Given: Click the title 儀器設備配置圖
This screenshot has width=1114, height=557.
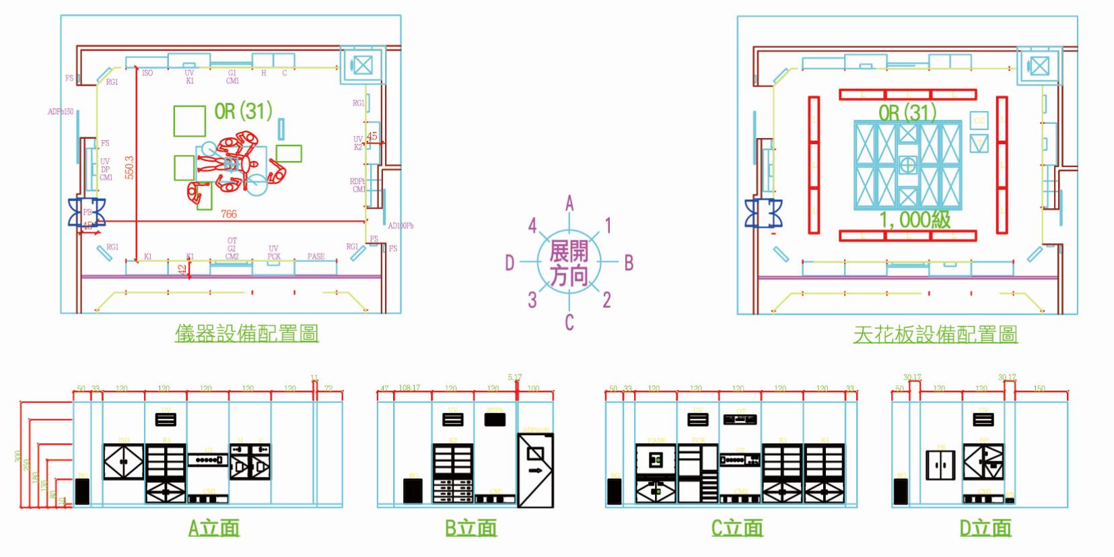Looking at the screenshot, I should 246,333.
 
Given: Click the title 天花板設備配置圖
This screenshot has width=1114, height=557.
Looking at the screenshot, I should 935,335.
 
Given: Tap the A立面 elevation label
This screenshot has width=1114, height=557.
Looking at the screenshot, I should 214,527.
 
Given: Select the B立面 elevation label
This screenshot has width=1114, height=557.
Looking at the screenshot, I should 471,527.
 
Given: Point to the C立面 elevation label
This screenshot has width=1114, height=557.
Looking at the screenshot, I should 737,527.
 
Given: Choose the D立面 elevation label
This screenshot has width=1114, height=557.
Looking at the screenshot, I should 985,527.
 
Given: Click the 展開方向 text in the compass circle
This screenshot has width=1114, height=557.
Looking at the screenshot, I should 569,263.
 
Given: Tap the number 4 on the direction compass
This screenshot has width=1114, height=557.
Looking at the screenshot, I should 532,226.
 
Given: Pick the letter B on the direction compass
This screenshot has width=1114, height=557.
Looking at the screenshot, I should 629,263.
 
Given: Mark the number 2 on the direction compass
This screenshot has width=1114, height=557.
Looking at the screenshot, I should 606,300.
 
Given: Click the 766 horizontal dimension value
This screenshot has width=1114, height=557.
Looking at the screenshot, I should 229,214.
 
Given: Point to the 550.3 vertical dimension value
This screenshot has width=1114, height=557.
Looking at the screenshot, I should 130,168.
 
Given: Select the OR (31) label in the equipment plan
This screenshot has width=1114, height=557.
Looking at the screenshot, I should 243,111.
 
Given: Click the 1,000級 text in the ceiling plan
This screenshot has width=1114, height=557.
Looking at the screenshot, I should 915,220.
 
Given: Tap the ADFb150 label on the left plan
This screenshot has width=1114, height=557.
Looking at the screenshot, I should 61,112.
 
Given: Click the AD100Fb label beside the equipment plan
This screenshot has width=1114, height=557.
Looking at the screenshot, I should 401,226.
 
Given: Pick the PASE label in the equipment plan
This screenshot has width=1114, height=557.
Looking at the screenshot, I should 316,257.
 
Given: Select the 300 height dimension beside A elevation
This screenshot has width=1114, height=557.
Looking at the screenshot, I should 18,456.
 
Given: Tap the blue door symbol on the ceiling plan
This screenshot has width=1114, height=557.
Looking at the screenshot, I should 764,213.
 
